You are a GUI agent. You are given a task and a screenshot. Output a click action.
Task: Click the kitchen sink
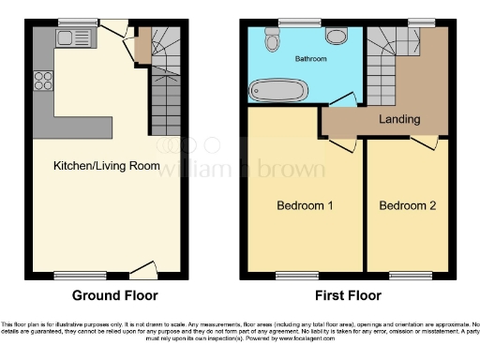[68, 38]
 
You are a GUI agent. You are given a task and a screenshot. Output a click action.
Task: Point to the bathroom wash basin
[337, 35]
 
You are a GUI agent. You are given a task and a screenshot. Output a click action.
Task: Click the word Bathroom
[310, 59]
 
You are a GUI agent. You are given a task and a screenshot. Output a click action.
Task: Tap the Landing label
[399, 119]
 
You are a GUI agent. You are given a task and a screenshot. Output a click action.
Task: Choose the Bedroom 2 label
[406, 205]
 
